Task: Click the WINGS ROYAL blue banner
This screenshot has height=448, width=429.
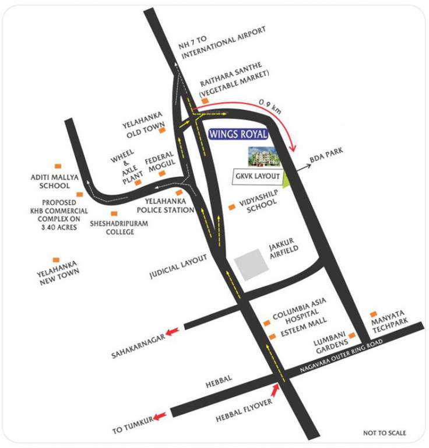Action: (x=238, y=134)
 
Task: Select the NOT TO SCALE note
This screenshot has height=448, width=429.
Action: (x=384, y=433)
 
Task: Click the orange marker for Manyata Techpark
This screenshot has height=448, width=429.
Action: (x=374, y=314)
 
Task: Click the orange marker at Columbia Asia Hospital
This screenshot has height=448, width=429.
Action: (x=266, y=323)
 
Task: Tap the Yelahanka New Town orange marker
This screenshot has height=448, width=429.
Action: (x=56, y=260)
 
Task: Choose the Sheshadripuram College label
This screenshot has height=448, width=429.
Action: (x=112, y=228)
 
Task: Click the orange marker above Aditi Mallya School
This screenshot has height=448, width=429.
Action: (x=57, y=166)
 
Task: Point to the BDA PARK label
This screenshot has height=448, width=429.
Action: (x=327, y=153)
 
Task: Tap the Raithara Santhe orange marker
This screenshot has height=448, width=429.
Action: (x=205, y=101)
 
